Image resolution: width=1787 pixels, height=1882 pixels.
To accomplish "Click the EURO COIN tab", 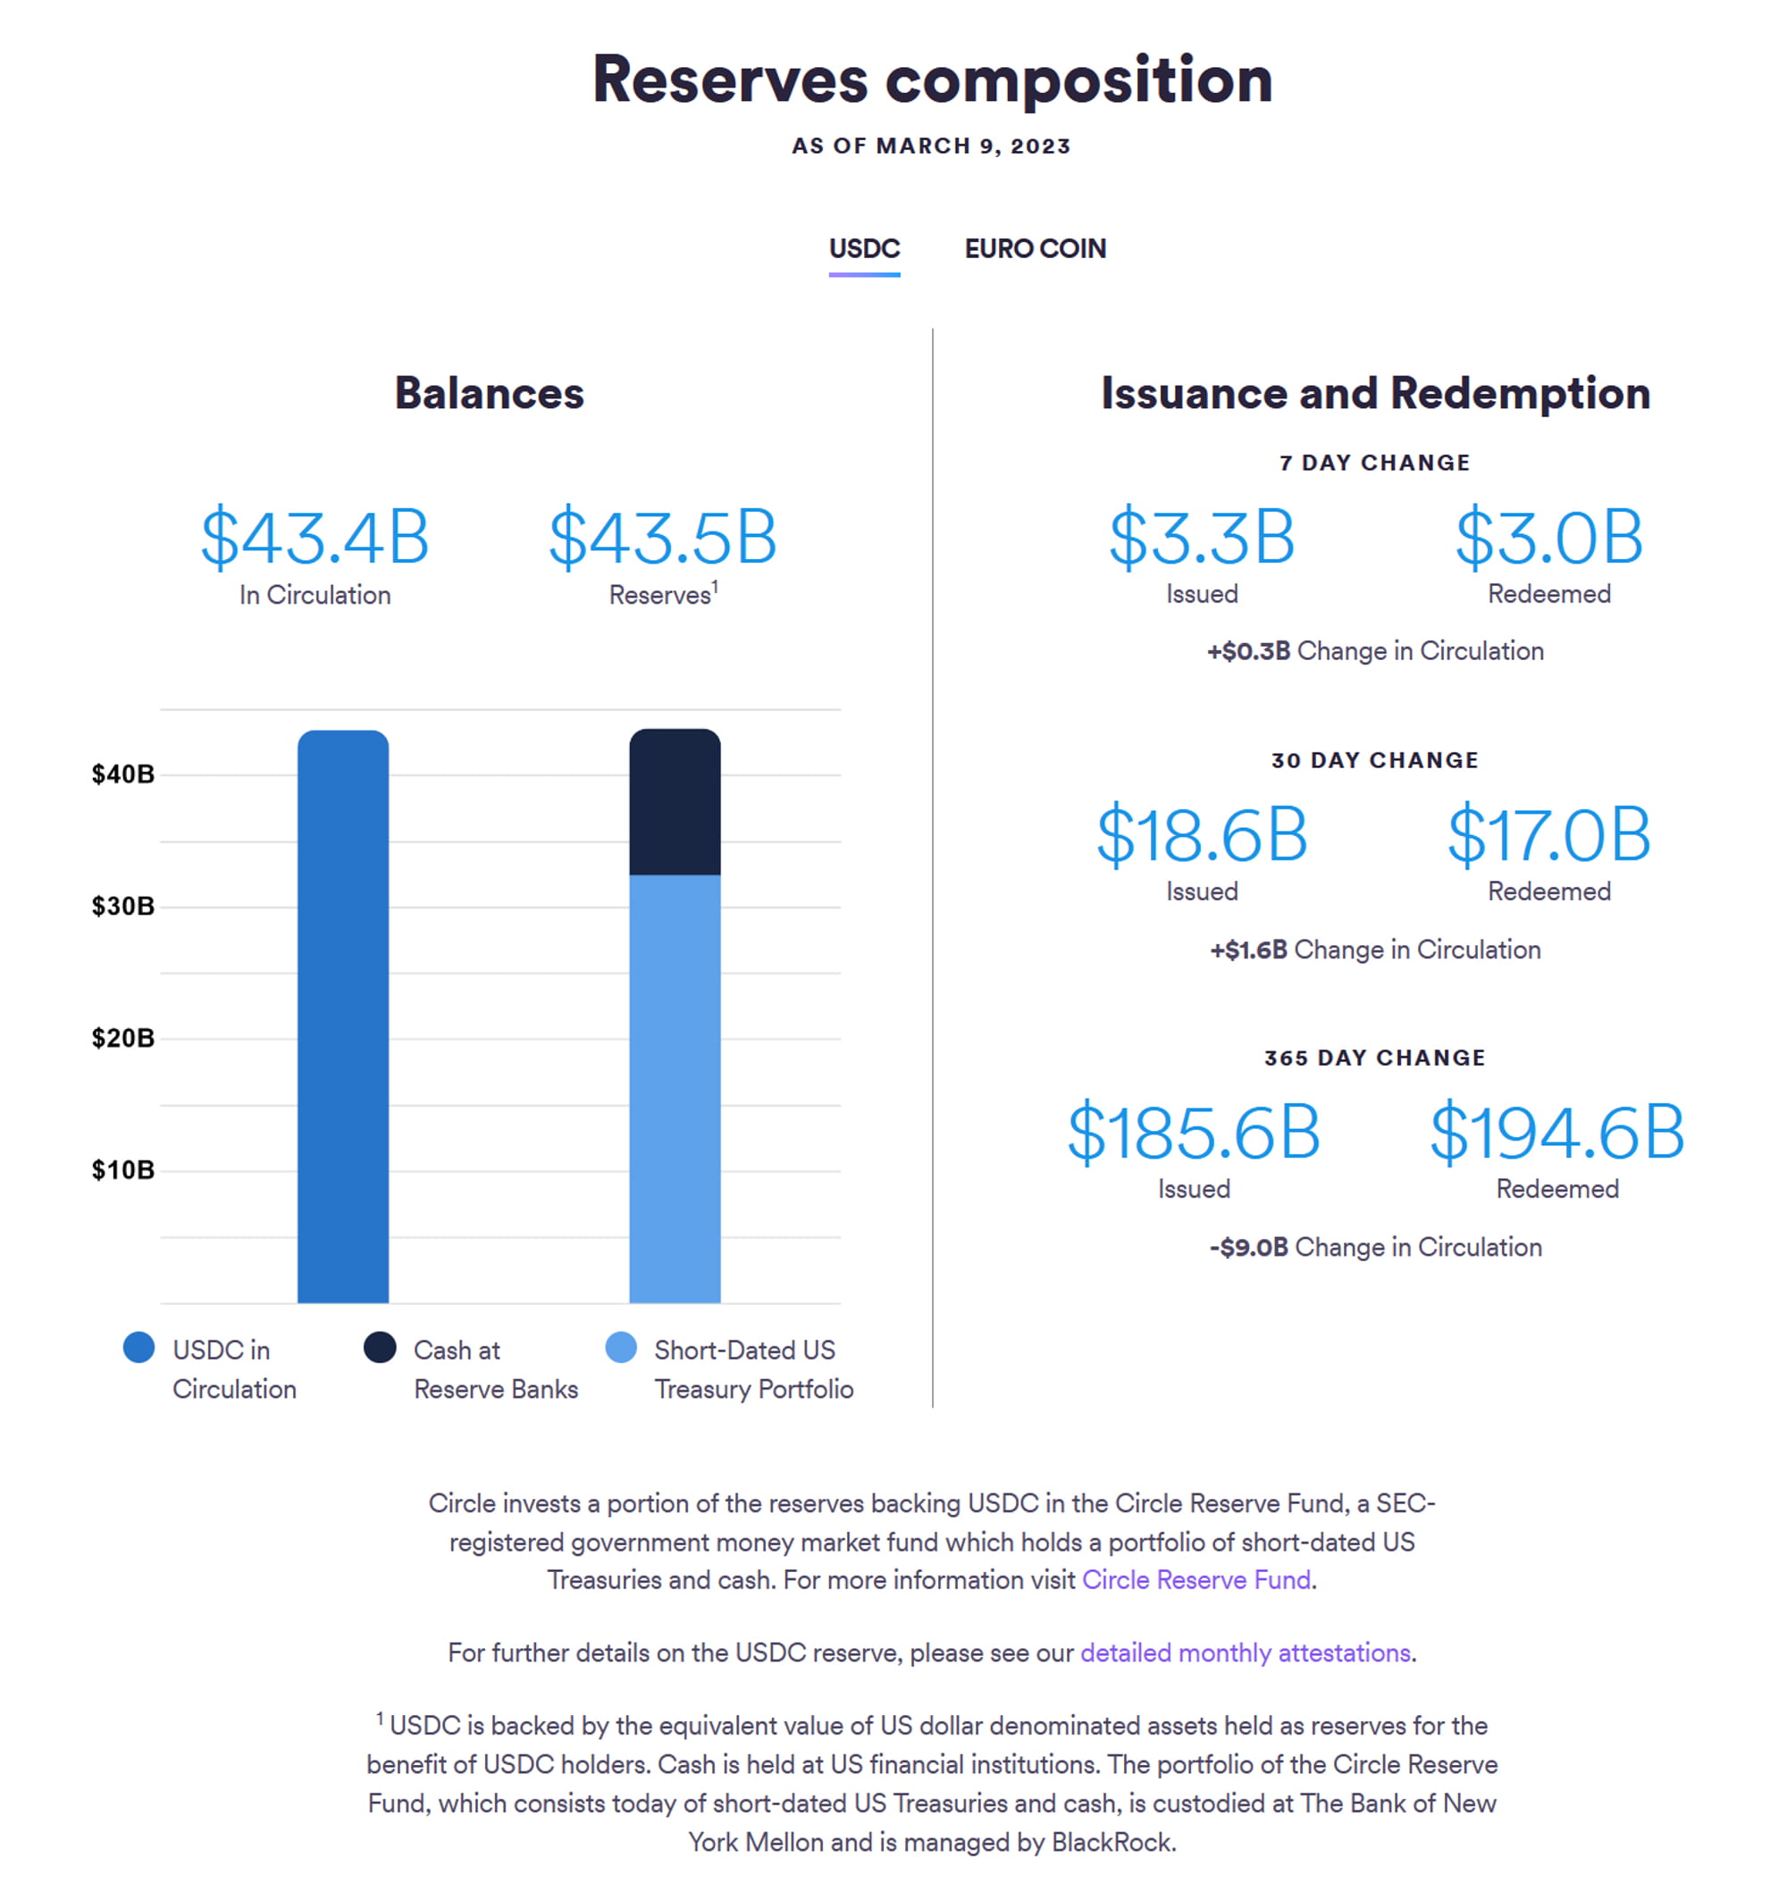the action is (1036, 248).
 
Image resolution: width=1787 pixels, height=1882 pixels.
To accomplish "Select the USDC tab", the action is (864, 248).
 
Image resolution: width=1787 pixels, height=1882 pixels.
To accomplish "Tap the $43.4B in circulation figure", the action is (315, 537).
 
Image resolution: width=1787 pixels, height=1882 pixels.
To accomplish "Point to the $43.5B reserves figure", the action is (663, 537).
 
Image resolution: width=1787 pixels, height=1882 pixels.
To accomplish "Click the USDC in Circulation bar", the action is (343, 1016).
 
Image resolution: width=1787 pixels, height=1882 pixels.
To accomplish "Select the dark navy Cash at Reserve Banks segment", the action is (675, 802).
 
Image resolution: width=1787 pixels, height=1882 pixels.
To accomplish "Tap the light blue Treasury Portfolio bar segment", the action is (675, 1089).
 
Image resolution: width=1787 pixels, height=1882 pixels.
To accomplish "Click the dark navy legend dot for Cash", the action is (380, 1348).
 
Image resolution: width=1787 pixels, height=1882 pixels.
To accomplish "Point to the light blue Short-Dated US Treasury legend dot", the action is (621, 1348).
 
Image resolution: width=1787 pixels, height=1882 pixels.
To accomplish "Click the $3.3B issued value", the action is (1202, 537).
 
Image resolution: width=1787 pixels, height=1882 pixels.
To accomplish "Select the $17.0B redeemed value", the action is (1548, 834).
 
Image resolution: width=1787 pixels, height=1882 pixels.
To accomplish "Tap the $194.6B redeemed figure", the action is (1557, 1132).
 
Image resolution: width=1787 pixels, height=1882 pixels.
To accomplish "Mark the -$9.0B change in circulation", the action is (1249, 1247).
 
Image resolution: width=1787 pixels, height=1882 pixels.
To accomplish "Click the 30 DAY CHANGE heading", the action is (1374, 760).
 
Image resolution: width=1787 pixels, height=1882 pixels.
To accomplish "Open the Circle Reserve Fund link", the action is (1196, 1580).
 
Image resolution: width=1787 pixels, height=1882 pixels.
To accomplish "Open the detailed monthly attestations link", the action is (1245, 1652).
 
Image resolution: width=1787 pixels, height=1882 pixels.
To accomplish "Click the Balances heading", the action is (490, 393).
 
